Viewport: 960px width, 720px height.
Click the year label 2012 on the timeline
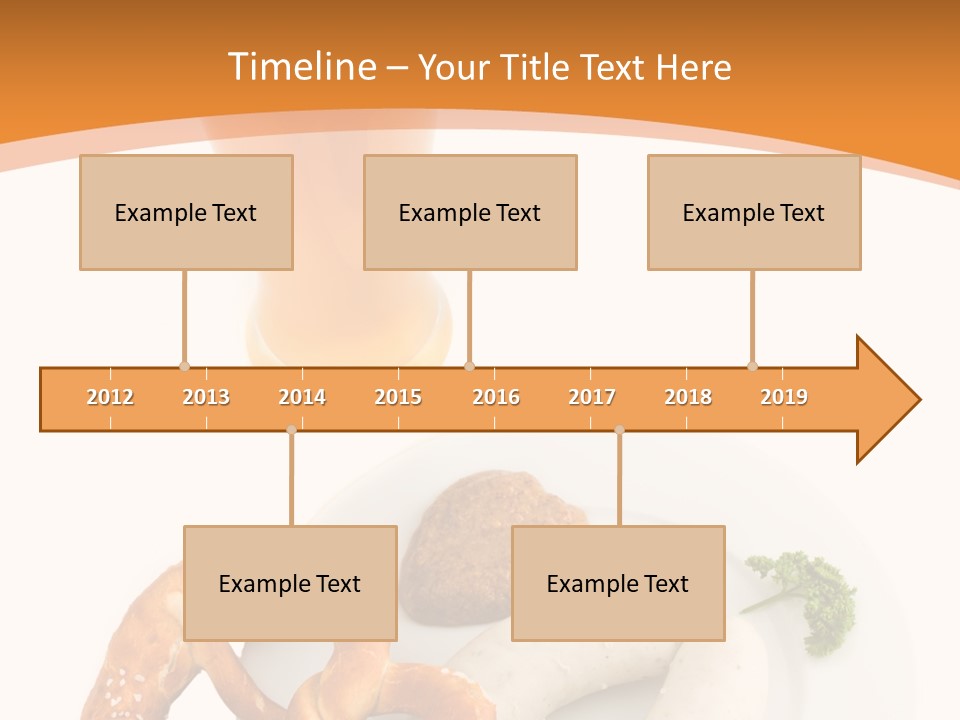click(110, 397)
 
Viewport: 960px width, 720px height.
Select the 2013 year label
click(206, 397)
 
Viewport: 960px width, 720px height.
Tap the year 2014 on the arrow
click(302, 397)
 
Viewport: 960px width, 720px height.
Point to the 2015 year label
click(398, 397)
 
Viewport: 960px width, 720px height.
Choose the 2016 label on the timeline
click(496, 397)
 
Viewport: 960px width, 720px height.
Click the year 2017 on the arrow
click(592, 397)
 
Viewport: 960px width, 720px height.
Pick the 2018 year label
click(688, 397)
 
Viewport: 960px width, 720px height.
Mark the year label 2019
click(784, 397)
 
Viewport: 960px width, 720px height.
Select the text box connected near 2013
click(186, 212)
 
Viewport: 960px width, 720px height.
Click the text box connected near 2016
click(470, 212)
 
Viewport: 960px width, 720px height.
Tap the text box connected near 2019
click(754, 212)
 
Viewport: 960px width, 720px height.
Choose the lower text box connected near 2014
click(290, 583)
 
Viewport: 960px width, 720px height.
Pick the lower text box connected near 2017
click(618, 583)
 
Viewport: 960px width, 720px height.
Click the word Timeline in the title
click(300, 67)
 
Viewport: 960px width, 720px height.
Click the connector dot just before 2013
click(184, 366)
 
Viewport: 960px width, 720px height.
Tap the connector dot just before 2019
click(752, 366)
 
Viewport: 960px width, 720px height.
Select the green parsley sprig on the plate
click(810, 595)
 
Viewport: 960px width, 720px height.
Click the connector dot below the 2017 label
click(619, 430)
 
